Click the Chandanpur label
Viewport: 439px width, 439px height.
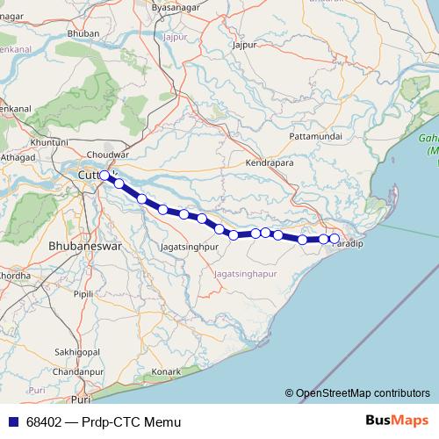pyautogui.click(x=72, y=372)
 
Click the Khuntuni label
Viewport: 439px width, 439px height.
pyautogui.click(x=49, y=141)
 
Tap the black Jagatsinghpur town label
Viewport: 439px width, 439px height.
pyautogui.click(x=189, y=248)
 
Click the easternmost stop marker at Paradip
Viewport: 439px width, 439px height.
pyautogui.click(x=335, y=239)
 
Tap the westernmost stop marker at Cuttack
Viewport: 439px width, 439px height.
pyautogui.click(x=104, y=176)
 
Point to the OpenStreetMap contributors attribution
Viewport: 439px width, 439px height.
pyautogui.click(x=363, y=392)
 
